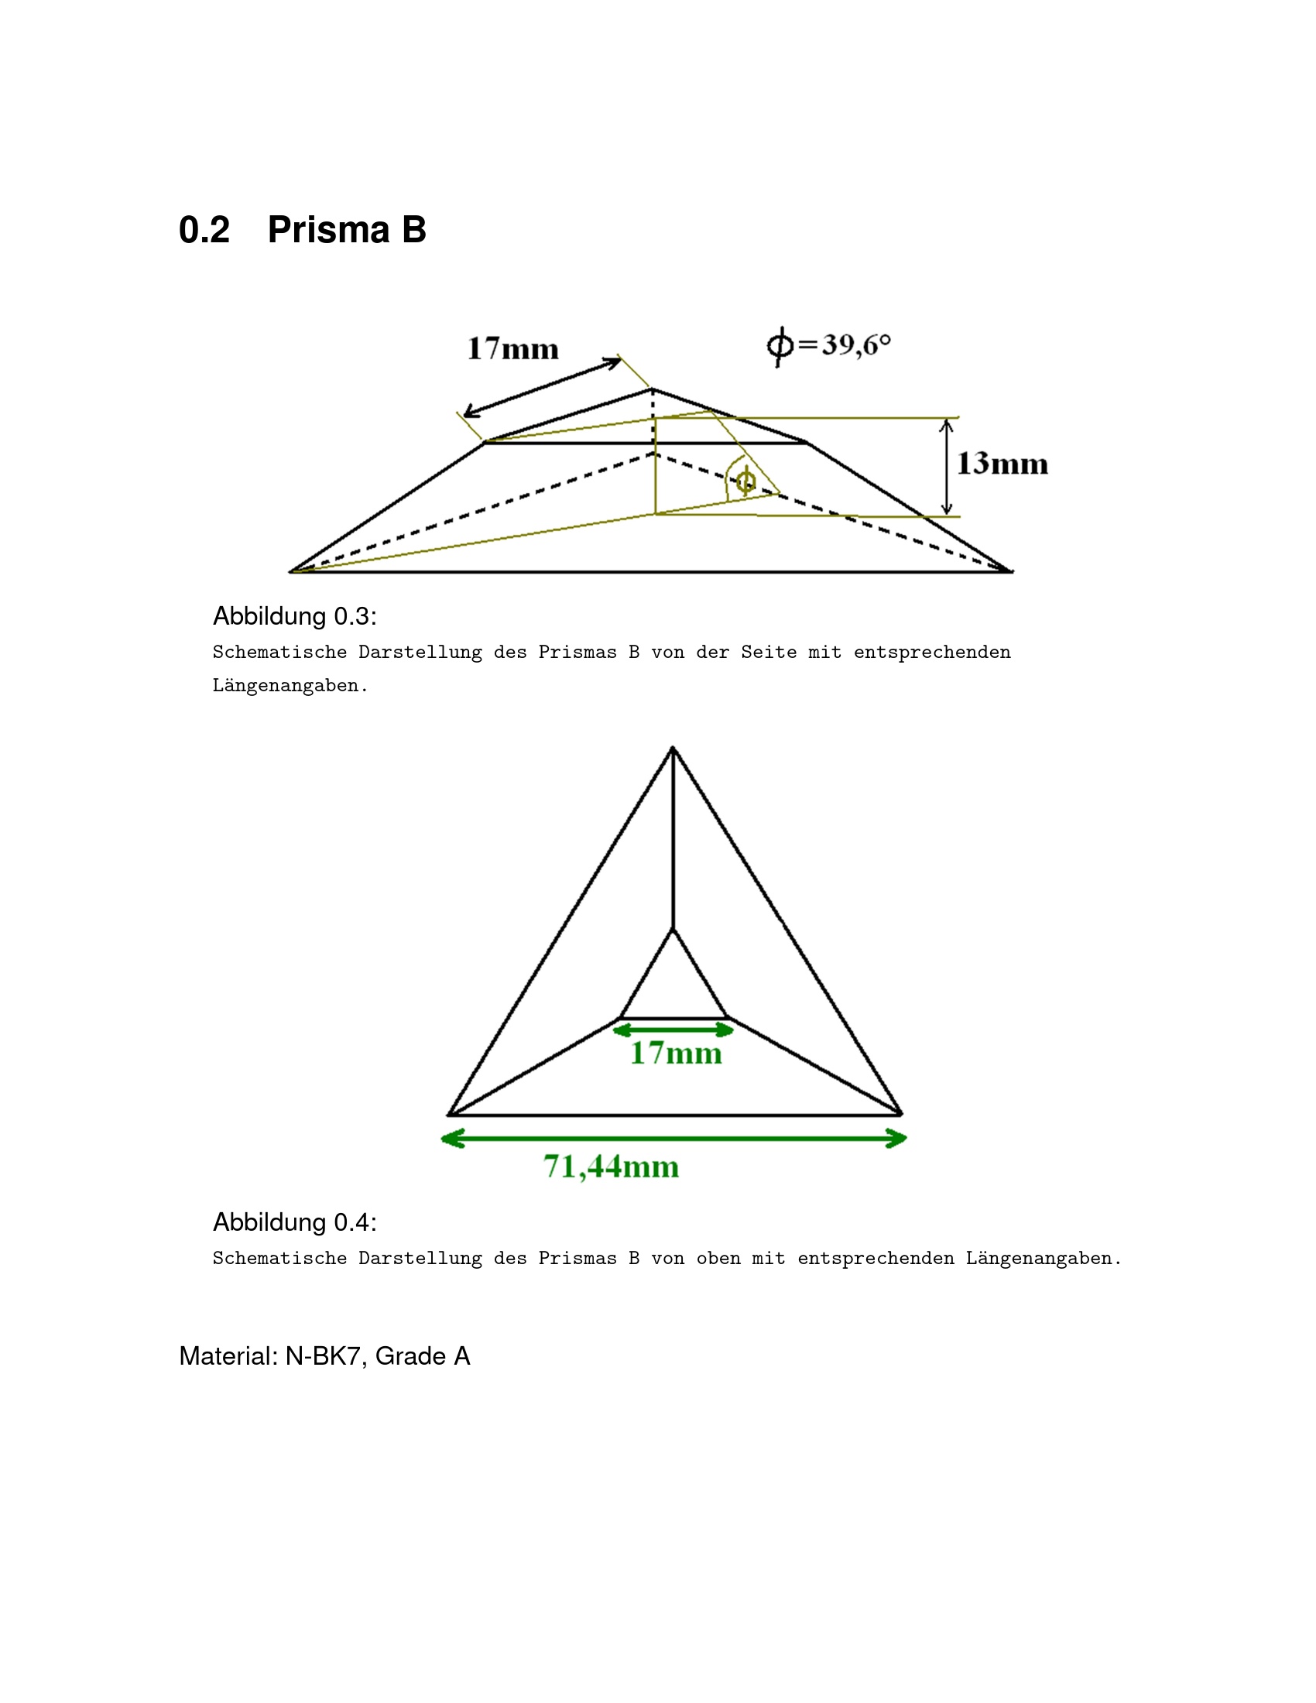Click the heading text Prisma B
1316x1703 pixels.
347,229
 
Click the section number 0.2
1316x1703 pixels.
204,230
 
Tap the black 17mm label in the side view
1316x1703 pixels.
513,348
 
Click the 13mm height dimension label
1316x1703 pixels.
1002,463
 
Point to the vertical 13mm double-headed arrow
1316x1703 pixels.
947,467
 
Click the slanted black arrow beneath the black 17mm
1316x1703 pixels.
543,388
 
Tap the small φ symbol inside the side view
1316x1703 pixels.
745,481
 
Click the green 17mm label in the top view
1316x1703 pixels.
676,1054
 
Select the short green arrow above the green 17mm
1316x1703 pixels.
673,1030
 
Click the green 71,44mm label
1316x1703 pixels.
612,1167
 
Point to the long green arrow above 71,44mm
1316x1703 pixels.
674,1139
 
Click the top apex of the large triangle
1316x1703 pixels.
673,748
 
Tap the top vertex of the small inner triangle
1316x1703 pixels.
673,929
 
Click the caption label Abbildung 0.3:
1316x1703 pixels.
295,616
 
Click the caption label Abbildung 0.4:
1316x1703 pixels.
295,1222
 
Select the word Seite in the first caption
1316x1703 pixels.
769,652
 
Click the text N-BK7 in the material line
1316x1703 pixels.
323,1356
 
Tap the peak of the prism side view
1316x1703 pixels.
652,389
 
